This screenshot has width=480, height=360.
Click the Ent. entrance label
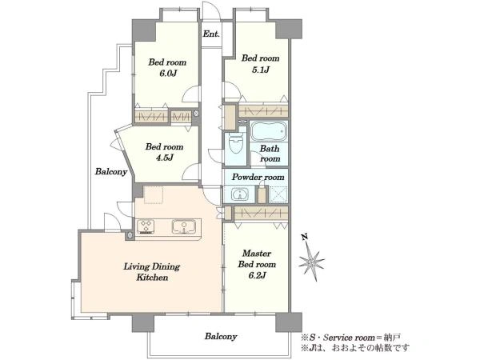pyautogui.click(x=211, y=34)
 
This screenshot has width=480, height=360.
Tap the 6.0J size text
pyautogui.click(x=167, y=74)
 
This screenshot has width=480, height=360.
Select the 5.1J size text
pyautogui.click(x=260, y=70)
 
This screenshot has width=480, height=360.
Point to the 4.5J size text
pyautogui.click(x=164, y=158)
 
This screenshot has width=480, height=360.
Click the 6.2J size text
pyautogui.click(x=257, y=275)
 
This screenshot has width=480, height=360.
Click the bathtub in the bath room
pyautogui.click(x=269, y=131)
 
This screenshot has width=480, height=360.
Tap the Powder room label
pyautogui.click(x=258, y=177)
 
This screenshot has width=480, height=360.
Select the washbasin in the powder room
pyautogui.click(x=239, y=194)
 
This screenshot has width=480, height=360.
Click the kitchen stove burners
pyautogui.click(x=146, y=226)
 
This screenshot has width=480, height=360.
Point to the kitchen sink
pyautogui.click(x=184, y=226)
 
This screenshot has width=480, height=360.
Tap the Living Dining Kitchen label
pyautogui.click(x=152, y=272)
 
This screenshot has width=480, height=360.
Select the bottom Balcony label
pyautogui.click(x=221, y=337)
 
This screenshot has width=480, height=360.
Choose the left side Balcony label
pyautogui.click(x=111, y=171)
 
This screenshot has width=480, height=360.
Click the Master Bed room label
pyautogui.click(x=257, y=258)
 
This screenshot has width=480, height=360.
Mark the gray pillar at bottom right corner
pyautogui.click(x=289, y=322)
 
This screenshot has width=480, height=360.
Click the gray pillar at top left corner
pyautogui.click(x=144, y=30)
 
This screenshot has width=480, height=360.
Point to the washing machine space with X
pyautogui.click(x=278, y=194)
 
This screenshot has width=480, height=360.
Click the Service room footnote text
pyautogui.click(x=351, y=338)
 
